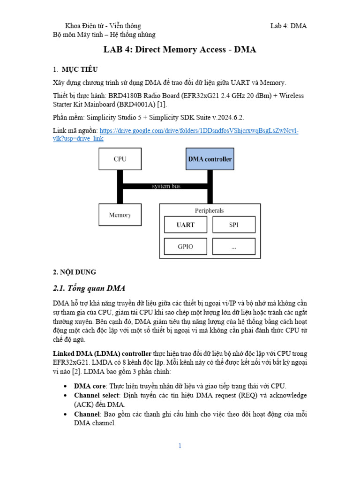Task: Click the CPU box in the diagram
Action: [x=120, y=159]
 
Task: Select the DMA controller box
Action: [x=210, y=159]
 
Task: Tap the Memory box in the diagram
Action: [x=120, y=215]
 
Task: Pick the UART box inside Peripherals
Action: [x=186, y=225]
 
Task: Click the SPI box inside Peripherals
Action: [x=234, y=225]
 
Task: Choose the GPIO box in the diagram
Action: [x=186, y=247]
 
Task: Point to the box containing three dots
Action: [x=234, y=247]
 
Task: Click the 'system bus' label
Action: [x=166, y=186]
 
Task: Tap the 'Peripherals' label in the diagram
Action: [x=210, y=211]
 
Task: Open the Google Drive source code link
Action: [x=199, y=131]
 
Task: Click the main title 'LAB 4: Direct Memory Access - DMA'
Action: [x=180, y=50]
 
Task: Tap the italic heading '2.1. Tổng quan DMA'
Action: [x=89, y=288]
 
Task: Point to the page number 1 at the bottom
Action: [x=180, y=446]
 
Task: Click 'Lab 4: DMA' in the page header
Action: [x=288, y=26]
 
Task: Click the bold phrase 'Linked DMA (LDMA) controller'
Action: [x=101, y=353]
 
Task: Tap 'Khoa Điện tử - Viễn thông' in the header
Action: [x=103, y=26]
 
